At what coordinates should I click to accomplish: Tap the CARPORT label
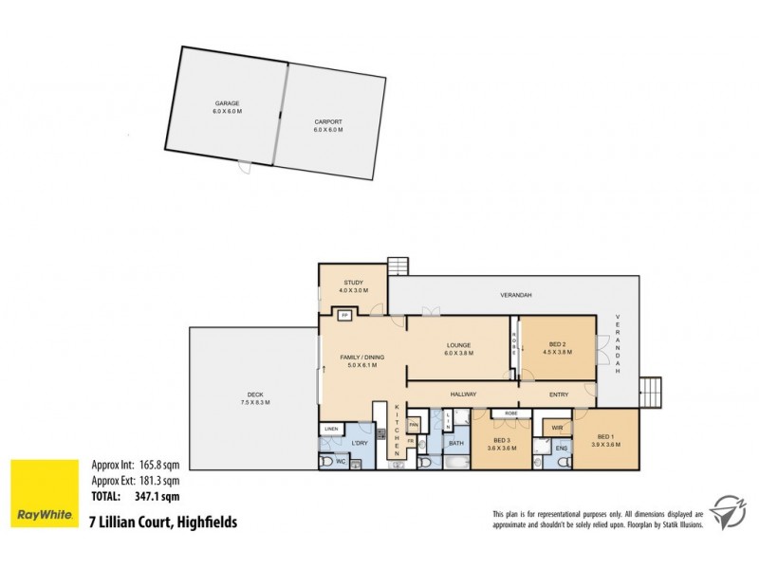(329, 122)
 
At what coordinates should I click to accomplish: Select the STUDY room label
(354, 282)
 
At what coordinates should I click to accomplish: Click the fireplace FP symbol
(345, 314)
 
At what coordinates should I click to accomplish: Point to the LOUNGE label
(460, 345)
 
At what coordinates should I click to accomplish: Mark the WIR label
(557, 429)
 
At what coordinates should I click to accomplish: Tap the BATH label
(455, 443)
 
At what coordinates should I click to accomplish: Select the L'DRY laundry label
(360, 444)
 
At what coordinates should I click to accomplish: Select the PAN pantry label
(414, 425)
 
